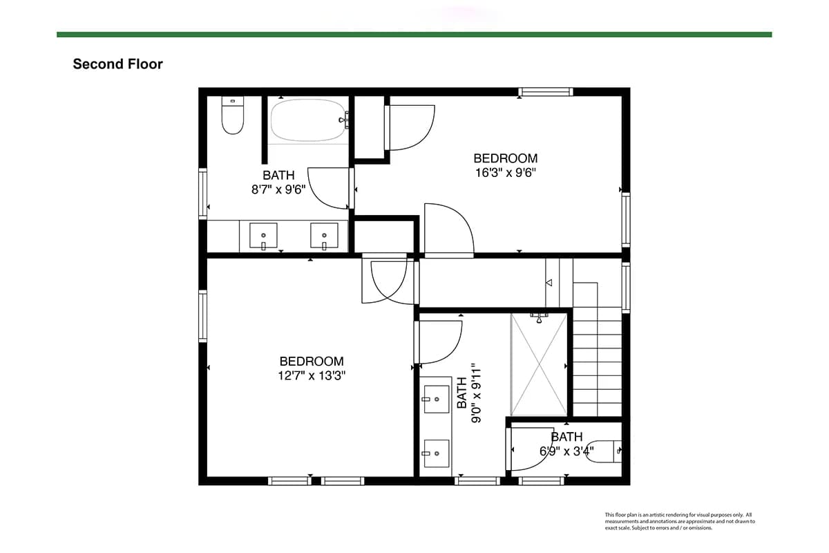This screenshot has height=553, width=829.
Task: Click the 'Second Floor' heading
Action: pos(117,64)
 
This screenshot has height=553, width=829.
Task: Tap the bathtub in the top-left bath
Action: pos(308,120)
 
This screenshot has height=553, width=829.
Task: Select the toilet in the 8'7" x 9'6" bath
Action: pos(232,115)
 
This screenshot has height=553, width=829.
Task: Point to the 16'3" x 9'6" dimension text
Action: pos(506,173)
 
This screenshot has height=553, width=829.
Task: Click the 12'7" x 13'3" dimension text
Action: pos(312,375)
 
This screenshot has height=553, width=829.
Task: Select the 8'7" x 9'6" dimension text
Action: pos(278,189)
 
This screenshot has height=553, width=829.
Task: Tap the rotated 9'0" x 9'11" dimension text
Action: pos(476,393)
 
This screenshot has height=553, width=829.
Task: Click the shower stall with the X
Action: pos(539,364)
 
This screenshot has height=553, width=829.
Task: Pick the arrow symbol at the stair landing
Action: pos(549,283)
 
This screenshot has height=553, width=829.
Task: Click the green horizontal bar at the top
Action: pos(414,35)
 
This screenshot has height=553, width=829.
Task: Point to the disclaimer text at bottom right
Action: pos(680,521)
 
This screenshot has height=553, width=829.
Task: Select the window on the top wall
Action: pos(546,92)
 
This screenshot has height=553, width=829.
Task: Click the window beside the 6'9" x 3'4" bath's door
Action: pos(542,481)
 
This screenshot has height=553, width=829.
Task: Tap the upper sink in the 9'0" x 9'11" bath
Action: pos(437,399)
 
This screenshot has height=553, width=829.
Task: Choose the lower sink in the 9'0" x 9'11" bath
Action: pos(437,453)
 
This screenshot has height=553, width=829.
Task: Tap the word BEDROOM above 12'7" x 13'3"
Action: pos(312,361)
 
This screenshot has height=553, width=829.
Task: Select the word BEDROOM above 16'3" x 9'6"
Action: pos(506,158)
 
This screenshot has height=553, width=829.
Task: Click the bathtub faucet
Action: pos(344,120)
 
